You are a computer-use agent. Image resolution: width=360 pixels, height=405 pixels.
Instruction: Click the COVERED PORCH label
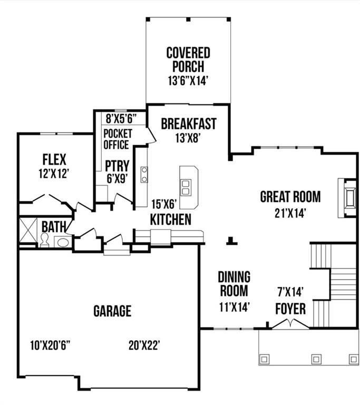point(188,60)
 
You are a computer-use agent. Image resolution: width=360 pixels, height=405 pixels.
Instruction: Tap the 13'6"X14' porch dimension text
point(188,81)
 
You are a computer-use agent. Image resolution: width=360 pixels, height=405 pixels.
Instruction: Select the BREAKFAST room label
point(188,124)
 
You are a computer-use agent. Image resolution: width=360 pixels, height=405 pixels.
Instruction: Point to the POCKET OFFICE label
point(116,139)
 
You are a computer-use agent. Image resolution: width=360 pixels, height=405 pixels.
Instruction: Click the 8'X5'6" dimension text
point(121,118)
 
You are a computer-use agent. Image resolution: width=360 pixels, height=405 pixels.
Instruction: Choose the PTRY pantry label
point(117,165)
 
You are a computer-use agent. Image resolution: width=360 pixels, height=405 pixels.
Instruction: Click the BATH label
point(54,227)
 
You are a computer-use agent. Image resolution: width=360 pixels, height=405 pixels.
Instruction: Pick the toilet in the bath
point(45,241)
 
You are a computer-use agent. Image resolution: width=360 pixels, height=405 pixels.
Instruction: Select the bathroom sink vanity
point(62,243)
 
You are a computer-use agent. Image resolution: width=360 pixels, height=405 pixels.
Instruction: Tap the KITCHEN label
point(170,219)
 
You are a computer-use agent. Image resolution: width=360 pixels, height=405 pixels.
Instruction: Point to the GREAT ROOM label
point(290,197)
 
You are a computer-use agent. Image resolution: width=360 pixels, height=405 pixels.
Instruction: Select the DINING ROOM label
point(234,284)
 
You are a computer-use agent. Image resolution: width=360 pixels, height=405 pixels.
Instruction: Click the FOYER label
point(290,309)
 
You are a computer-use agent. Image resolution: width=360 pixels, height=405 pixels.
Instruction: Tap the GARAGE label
point(112,311)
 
